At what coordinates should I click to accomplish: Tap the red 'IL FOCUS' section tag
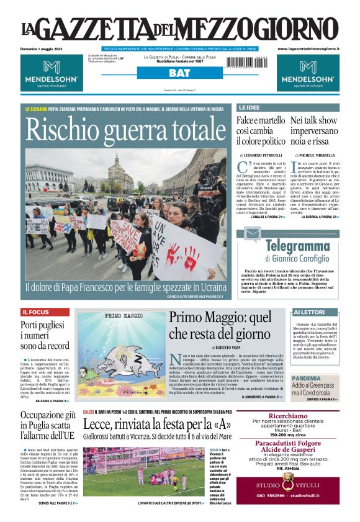[x=35, y=312]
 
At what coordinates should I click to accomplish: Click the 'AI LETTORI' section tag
[x=308, y=312]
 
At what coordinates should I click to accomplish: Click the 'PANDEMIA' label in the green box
[x=307, y=377]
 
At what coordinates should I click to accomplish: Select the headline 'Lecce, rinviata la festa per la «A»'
[x=157, y=425]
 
